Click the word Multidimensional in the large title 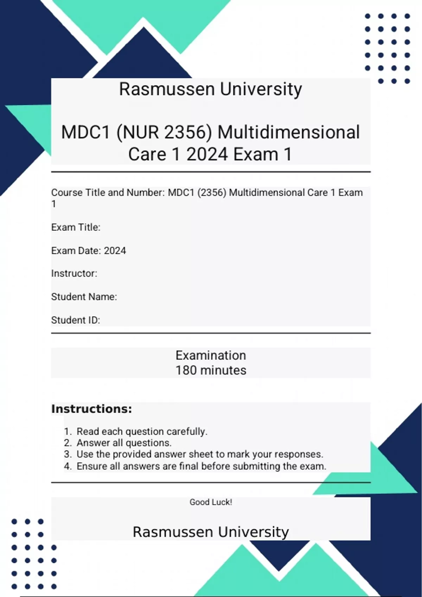289,133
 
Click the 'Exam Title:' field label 76,227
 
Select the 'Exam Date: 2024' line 89,251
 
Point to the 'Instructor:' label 74,273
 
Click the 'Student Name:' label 84,297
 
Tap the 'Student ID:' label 76,320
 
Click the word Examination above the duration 211,355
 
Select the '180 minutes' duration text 211,370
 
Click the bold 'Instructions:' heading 92,409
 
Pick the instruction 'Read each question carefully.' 142,431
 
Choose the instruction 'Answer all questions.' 124,443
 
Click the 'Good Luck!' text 211,502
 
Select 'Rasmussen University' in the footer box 211,532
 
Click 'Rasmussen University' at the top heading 211,89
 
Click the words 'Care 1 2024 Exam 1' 210,155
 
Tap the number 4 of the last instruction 67,466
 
